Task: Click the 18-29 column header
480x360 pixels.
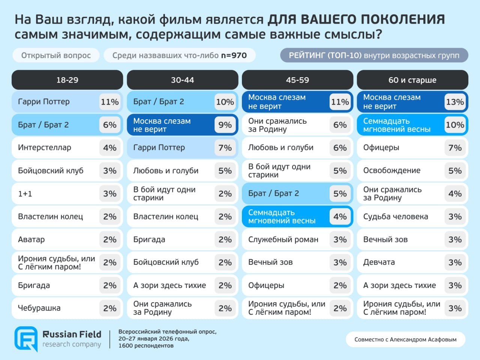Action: (67, 80)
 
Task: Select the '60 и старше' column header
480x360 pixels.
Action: (412, 80)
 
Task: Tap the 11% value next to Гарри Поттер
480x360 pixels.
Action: (109, 102)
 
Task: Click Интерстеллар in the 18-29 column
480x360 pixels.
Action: (45, 148)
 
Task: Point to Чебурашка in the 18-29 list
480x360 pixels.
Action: (39, 308)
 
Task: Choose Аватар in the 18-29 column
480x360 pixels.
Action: (31, 240)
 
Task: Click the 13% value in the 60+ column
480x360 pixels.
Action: (455, 102)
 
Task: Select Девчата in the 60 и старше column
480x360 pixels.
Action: (379, 262)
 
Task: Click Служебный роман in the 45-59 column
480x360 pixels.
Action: (283, 240)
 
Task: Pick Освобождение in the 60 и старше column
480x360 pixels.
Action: (392, 171)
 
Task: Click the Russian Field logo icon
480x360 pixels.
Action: (26, 339)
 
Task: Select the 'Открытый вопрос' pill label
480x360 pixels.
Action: (56, 55)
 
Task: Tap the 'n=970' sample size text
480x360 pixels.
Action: (234, 55)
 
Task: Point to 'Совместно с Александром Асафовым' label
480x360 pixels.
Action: (405, 339)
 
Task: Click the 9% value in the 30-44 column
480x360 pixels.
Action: (225, 125)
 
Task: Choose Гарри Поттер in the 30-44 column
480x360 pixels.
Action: (159, 148)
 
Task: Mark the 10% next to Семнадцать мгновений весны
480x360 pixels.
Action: (455, 125)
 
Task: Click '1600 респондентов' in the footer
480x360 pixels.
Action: (146, 346)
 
